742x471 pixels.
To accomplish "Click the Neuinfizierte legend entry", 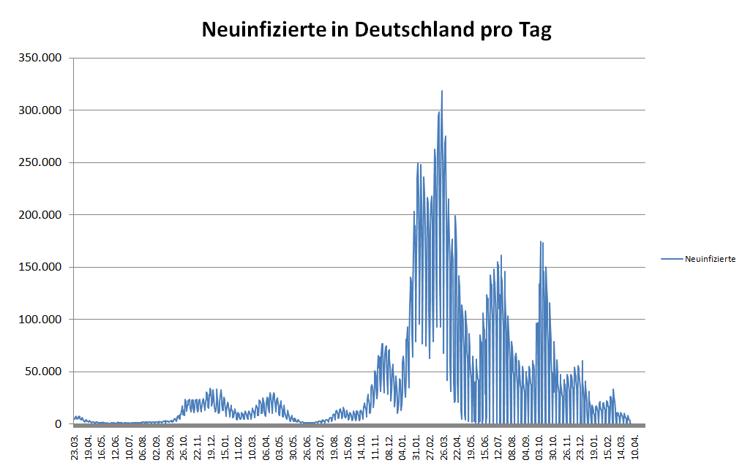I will tap(710, 258).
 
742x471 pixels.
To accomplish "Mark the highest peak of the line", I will tap(442, 91).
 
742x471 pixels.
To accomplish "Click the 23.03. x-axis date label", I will tap(75, 445).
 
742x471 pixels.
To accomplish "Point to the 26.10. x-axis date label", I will tap(184, 445).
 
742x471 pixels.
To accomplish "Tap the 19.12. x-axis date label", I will tap(211, 445).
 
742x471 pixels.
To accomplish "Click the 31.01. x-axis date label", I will tap(416, 445).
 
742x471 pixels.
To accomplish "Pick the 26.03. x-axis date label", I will tap(444, 445).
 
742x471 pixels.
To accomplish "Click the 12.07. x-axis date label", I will tap(498, 445).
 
